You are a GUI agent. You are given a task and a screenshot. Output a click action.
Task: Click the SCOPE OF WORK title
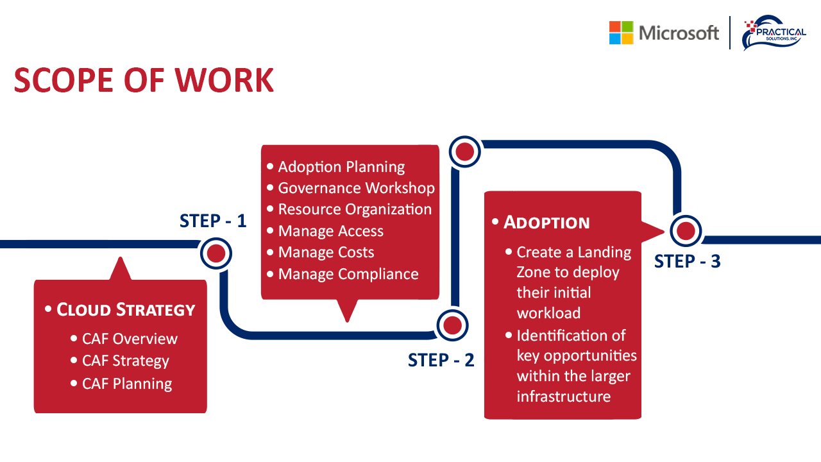(144, 80)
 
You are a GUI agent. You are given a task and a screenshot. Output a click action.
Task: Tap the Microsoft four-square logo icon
(621, 33)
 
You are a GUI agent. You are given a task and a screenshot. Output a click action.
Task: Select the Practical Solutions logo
(774, 33)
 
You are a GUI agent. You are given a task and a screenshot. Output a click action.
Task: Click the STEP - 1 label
(213, 221)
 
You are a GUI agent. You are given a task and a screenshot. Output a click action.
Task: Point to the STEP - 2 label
(441, 360)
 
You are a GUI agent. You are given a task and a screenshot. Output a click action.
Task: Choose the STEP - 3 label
(688, 261)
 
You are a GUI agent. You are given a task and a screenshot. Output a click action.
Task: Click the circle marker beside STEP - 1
(216, 253)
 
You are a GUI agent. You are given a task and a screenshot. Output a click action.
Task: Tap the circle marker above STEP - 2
(453, 326)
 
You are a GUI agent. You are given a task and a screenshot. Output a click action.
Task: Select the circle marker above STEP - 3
(686, 231)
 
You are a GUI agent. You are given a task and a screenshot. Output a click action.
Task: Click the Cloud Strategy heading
(126, 309)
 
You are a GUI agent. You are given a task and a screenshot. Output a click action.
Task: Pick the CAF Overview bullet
(130, 339)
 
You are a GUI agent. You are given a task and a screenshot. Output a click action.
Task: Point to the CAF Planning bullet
(127, 384)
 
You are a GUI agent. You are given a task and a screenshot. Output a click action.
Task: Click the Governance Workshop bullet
(356, 188)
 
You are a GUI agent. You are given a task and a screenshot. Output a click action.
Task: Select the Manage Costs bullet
(326, 252)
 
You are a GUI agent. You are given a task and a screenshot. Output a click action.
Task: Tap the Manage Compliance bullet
(348, 274)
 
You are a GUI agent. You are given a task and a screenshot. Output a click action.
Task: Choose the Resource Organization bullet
(355, 209)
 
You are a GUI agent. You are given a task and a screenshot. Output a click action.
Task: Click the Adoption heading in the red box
(546, 222)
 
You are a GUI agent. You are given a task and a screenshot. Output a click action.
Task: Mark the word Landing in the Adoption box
(604, 252)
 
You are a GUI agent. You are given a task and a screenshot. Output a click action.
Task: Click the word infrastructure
(563, 396)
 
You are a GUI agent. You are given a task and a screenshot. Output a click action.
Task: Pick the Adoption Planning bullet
(341, 167)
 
